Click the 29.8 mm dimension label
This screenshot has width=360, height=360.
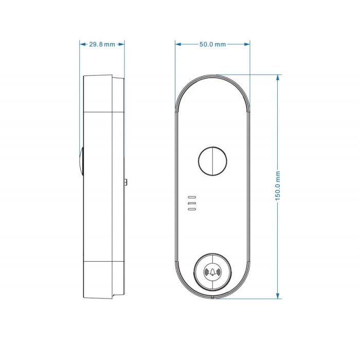(x=102, y=44)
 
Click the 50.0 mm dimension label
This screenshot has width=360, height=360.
(x=212, y=44)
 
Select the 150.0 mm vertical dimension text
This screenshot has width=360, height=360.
(x=278, y=186)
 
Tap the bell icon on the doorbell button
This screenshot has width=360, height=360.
(x=212, y=272)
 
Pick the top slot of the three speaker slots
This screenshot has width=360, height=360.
(x=192, y=197)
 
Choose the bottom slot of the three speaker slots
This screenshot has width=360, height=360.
(x=192, y=209)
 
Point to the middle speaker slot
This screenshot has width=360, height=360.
(x=192, y=203)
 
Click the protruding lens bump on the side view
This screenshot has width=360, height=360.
(x=81, y=161)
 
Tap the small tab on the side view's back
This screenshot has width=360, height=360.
(x=126, y=182)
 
